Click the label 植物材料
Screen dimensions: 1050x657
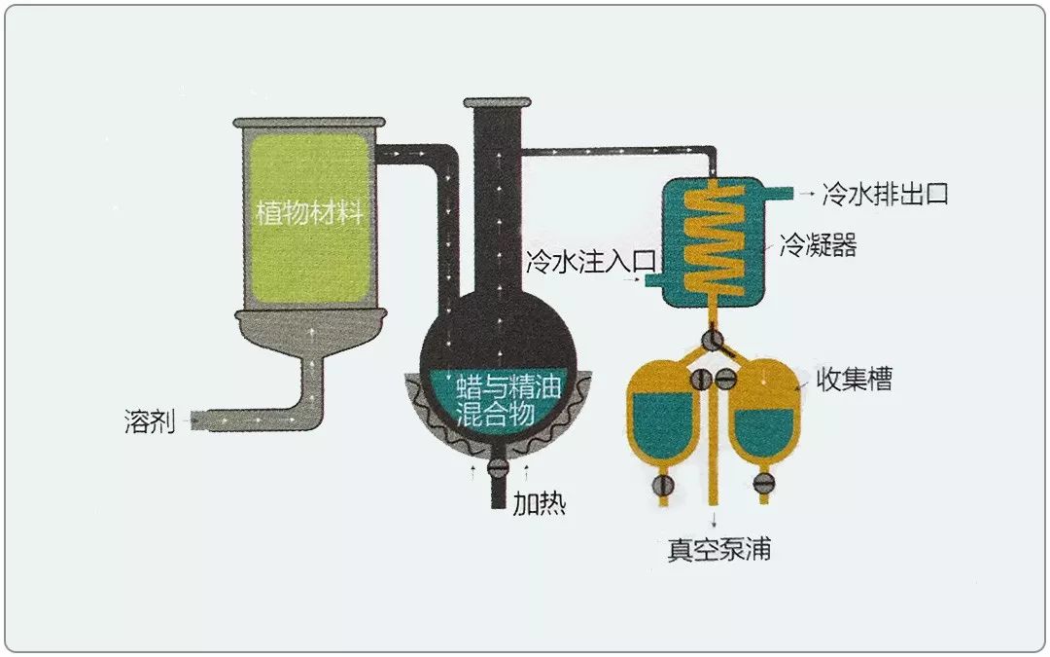tap(308, 212)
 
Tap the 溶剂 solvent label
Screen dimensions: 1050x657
tap(150, 421)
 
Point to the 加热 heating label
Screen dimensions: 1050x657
tap(540, 504)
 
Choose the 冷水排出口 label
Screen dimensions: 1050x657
tap(885, 194)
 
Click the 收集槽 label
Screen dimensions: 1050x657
tap(854, 380)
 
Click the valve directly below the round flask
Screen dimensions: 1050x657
tap(498, 467)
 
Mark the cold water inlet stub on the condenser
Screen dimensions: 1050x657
tap(652, 281)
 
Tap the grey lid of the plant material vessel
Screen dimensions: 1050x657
tap(308, 122)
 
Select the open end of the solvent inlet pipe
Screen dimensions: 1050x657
tap(195, 420)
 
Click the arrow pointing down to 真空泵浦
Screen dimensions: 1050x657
tap(717, 519)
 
